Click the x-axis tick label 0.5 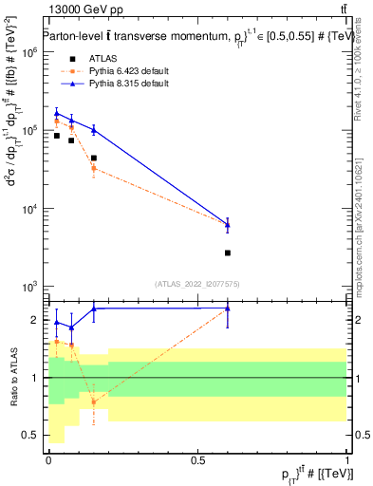click(x=197, y=459)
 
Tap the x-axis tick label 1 click(x=348, y=459)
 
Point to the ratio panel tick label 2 click(x=33, y=320)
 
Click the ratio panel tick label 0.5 click(x=28, y=435)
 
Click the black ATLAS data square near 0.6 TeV click(x=228, y=252)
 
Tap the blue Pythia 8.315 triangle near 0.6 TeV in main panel click(x=228, y=225)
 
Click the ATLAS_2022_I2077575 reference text click(x=197, y=283)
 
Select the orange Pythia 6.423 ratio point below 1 click(x=93, y=402)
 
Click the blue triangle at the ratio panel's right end click(x=228, y=308)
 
